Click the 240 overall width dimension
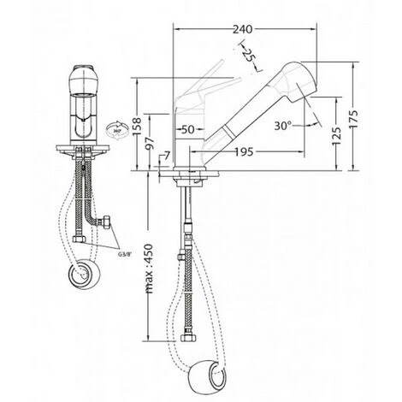244,29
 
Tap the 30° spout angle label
284,125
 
